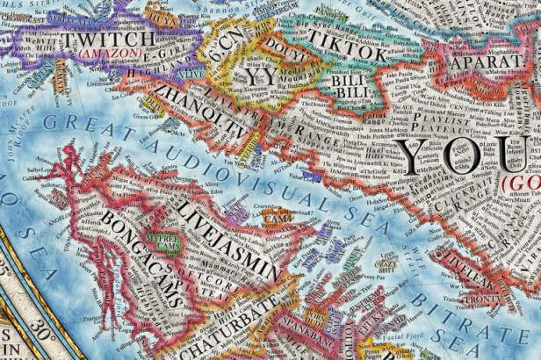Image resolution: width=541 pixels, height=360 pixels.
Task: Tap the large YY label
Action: [x=257, y=77]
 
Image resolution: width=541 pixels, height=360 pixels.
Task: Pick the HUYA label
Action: [x=161, y=15]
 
